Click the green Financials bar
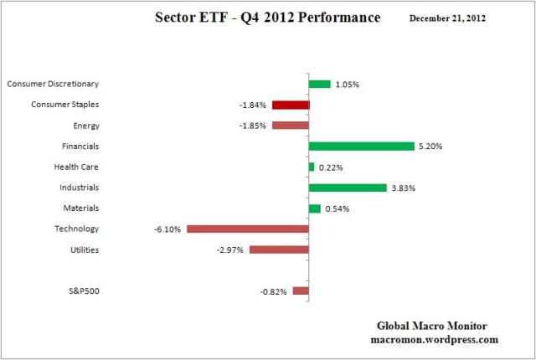[362, 146]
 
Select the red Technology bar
[248, 229]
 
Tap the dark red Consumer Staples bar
[291, 105]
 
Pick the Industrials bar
[348, 188]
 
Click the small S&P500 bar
[301, 291]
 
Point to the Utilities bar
[279, 249]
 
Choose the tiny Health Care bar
[312, 167]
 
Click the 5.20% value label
[430, 147]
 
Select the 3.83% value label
[403, 188]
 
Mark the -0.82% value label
[275, 292]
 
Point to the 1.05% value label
[348, 85]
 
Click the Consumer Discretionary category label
[52, 84]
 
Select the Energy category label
[86, 126]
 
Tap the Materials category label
[81, 208]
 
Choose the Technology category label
[77, 229]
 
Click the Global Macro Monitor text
[434, 326]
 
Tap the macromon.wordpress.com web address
[434, 340]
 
